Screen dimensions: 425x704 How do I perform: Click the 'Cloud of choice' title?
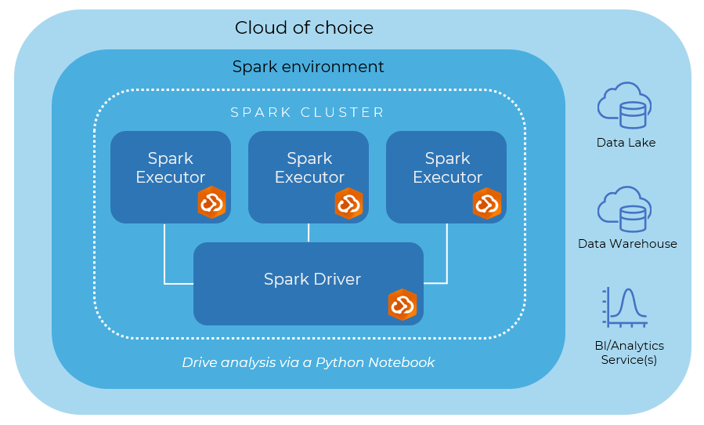(304, 28)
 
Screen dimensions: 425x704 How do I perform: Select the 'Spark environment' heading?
(308, 67)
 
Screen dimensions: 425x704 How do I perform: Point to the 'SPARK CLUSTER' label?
(308, 113)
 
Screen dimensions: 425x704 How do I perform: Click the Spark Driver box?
(312, 279)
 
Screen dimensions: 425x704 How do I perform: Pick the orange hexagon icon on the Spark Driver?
(403, 305)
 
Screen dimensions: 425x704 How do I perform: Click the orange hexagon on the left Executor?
(211, 203)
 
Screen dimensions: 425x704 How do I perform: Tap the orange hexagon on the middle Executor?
(349, 203)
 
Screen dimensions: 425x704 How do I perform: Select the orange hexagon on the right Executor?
(487, 203)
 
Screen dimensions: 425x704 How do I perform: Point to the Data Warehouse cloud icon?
(624, 208)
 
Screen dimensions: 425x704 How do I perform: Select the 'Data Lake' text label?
(626, 143)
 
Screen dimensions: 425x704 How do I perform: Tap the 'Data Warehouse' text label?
(627, 244)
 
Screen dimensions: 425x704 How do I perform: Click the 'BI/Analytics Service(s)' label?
(629, 353)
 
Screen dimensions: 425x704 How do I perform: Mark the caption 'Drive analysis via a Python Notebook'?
(308, 362)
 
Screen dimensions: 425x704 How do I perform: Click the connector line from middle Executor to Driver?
(309, 233)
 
